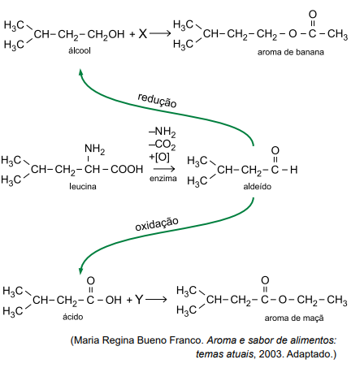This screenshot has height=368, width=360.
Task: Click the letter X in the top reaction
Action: [143, 34]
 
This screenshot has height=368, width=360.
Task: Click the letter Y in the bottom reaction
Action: [139, 300]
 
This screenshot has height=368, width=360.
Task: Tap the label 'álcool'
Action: [80, 50]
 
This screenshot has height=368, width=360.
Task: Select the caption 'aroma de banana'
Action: [291, 52]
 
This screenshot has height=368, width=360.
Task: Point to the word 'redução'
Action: [157, 100]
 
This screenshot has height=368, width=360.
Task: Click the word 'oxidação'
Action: [157, 223]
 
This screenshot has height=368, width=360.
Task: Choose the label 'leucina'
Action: [83, 186]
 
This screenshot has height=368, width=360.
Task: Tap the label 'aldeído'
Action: [258, 186]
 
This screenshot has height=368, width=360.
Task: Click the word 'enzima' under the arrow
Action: [163, 178]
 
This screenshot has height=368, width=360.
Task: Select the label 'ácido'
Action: [73, 317]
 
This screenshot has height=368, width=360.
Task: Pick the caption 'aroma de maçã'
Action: [294, 318]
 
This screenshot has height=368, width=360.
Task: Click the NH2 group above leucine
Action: [95, 149]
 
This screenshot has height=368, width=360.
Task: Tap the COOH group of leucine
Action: [127, 169]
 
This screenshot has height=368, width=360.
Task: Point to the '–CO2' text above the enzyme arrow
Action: [163, 145]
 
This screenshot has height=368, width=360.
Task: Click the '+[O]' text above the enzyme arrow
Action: [159, 157]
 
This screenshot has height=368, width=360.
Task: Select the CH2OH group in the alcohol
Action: [106, 35]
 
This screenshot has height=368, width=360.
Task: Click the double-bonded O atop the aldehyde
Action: [275, 150]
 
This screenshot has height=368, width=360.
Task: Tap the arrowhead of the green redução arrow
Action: [80, 72]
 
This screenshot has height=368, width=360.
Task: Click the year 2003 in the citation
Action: [270, 353]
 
